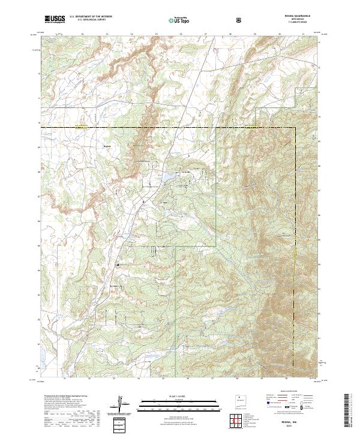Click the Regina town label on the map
click(x=108, y=146)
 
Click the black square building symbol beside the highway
click(x=118, y=263)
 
